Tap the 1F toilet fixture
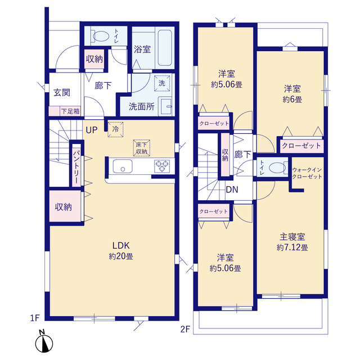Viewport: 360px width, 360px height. [101, 36]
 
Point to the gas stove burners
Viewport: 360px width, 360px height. [163, 166]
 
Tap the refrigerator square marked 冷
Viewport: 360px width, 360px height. [115, 128]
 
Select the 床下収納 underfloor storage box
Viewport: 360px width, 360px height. [142, 147]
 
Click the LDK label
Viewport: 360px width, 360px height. [121, 246]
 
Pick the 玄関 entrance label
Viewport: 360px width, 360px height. [61, 92]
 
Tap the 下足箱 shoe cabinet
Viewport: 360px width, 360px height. [70, 111]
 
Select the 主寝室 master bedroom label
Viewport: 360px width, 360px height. [292, 237]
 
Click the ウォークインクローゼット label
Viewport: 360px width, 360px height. [307, 173]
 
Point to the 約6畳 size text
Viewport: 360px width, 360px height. [291, 100]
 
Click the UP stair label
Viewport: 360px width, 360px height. [92, 129]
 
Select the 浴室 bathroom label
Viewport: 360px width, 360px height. [142, 49]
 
